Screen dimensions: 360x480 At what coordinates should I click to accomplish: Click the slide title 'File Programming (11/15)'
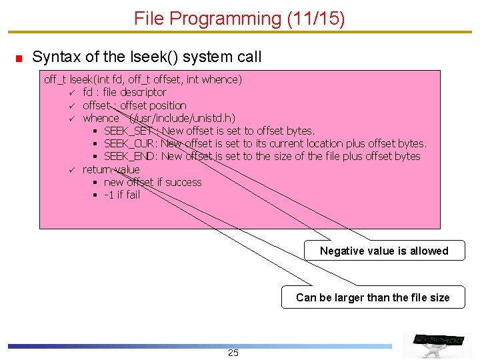(x=239, y=19)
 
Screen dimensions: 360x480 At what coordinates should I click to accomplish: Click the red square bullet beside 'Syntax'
(x=20, y=58)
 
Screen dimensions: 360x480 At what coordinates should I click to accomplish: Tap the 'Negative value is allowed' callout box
(x=384, y=251)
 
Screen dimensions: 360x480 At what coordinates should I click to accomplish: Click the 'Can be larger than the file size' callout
(x=373, y=297)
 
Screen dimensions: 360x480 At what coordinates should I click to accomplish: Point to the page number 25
(x=233, y=353)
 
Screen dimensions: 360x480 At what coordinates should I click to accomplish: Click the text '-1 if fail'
(x=122, y=195)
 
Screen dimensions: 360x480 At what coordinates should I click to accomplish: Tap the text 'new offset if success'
(x=153, y=182)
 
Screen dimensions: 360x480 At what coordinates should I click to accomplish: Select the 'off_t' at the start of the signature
(x=55, y=80)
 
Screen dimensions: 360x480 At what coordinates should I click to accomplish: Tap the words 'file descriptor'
(x=135, y=93)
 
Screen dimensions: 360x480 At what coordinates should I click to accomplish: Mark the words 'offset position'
(x=153, y=105)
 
